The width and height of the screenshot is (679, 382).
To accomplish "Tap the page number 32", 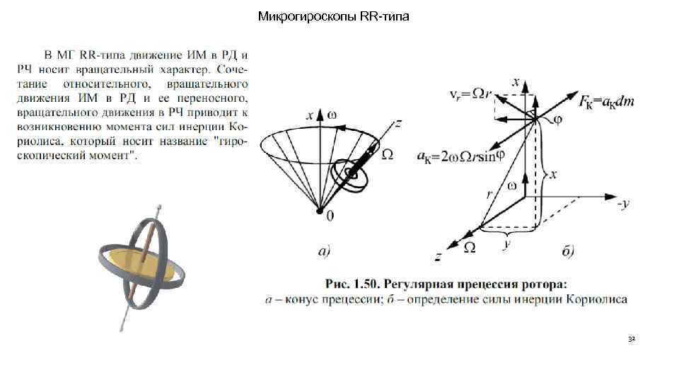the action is [x=632, y=340].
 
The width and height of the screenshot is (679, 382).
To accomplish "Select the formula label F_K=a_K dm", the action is [x=606, y=102].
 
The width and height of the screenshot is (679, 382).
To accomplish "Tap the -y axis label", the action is [x=623, y=205].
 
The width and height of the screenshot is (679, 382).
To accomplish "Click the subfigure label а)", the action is [x=323, y=250].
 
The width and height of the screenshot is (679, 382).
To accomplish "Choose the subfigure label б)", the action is [x=567, y=250].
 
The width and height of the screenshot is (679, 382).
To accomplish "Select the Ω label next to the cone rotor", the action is [x=387, y=155].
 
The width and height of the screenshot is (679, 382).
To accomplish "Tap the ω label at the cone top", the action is [x=331, y=114].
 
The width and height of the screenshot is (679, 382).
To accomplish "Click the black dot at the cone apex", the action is [x=320, y=211].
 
